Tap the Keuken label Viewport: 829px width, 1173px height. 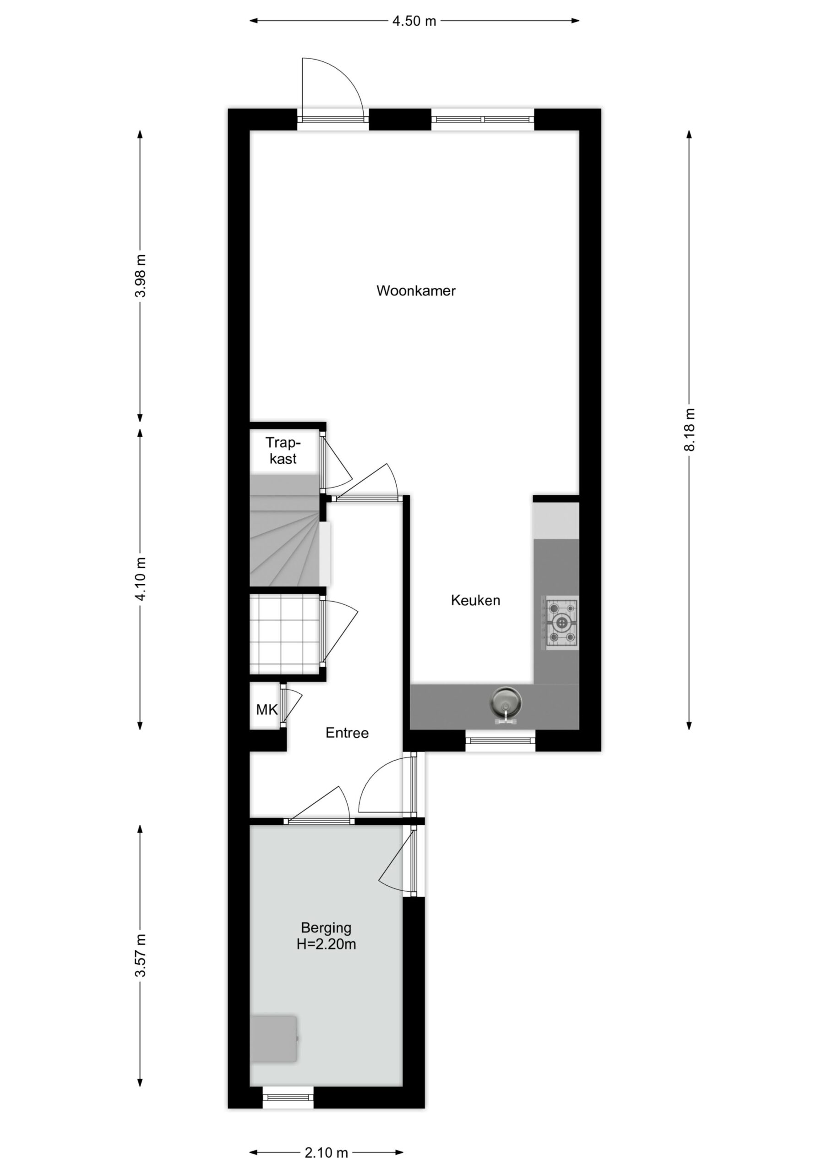point(475,600)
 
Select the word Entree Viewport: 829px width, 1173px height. point(347,733)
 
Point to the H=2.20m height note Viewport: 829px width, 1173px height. point(326,944)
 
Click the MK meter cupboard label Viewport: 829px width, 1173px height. point(267,710)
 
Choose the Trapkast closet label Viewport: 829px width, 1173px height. point(283,450)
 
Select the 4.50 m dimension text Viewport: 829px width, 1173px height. point(414,21)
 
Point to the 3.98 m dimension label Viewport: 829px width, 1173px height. point(140,275)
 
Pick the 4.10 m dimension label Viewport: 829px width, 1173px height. point(140,579)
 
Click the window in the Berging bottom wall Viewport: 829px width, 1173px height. point(288,1097)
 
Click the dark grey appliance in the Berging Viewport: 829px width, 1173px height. point(274,1039)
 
